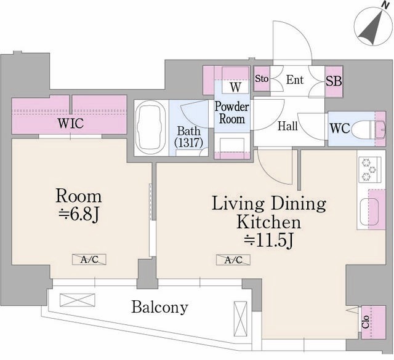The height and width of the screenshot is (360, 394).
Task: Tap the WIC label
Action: point(71,123)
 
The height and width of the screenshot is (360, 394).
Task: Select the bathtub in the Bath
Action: point(150,128)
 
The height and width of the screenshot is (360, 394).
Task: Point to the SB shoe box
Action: point(334,81)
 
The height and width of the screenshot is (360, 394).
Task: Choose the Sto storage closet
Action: point(262,79)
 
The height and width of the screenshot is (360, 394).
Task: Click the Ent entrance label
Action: point(295,80)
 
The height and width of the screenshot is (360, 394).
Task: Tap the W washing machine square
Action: point(235,87)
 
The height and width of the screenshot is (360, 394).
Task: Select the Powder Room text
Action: point(231,113)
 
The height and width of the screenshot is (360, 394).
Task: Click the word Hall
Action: point(287,126)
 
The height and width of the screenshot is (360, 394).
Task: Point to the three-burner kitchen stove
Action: point(369,170)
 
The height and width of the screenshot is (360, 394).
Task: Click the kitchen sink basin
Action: point(369,212)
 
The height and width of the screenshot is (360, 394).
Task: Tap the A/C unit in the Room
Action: point(89,260)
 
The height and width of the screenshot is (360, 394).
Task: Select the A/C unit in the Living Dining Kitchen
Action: point(233,260)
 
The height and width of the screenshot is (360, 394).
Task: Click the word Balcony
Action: point(160,307)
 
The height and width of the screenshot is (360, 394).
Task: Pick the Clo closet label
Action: point(366,322)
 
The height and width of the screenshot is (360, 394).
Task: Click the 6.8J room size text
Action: point(79,215)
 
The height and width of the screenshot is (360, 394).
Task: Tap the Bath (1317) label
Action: point(189,137)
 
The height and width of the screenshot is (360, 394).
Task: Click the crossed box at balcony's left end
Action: point(78,300)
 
